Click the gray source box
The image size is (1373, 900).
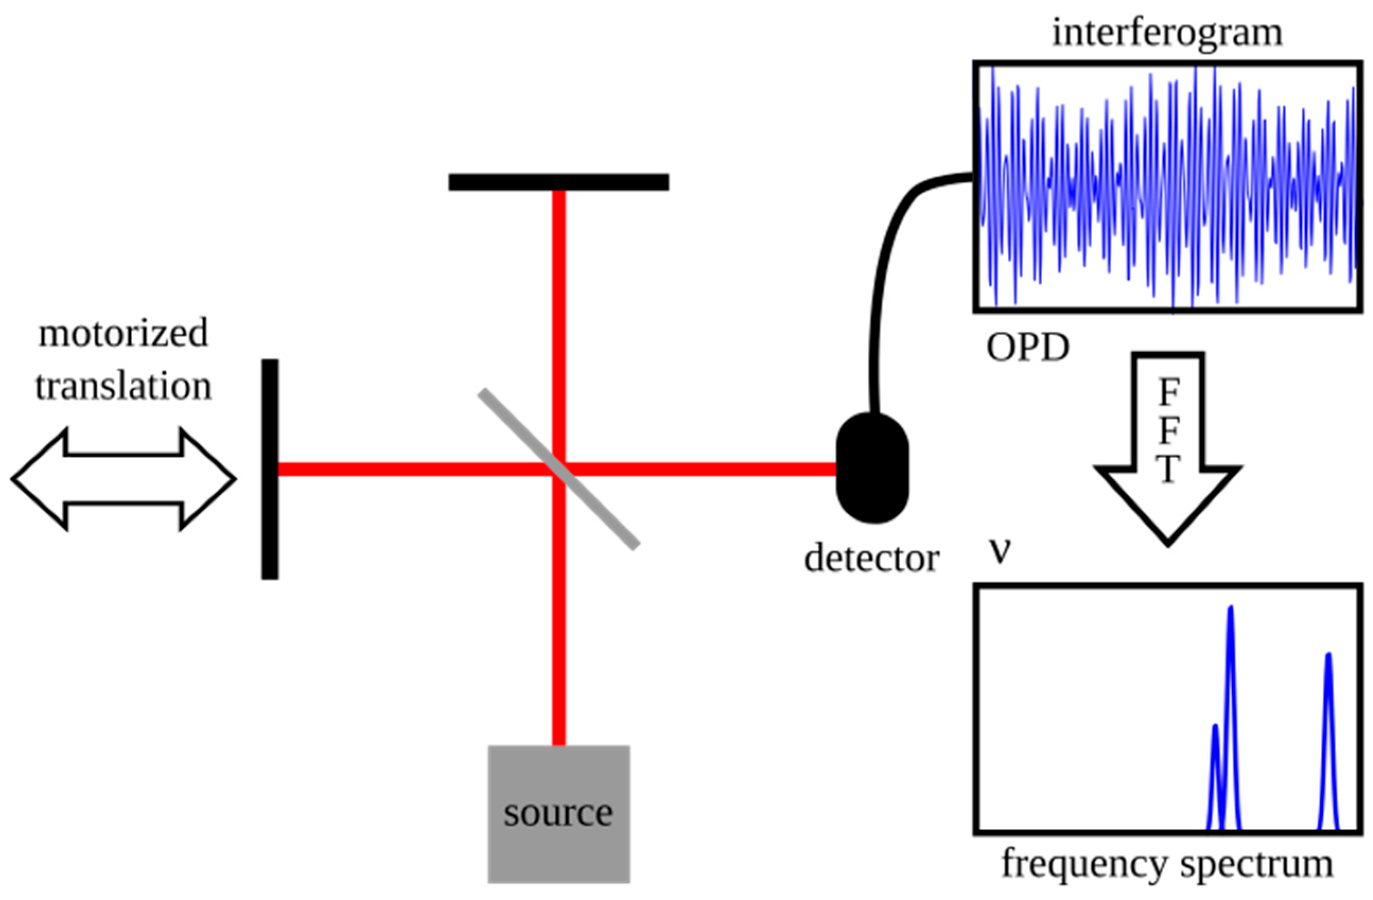[558, 814]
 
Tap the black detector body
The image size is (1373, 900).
[873, 467]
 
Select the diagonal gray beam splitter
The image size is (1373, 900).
[558, 469]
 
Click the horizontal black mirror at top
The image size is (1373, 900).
[558, 182]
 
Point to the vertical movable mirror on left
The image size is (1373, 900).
[270, 469]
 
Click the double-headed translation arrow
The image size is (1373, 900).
[124, 479]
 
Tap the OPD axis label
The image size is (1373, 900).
[1028, 348]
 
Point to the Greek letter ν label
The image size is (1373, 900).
[1000, 551]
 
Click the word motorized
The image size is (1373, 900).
[123, 333]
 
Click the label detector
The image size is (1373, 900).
[872, 559]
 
